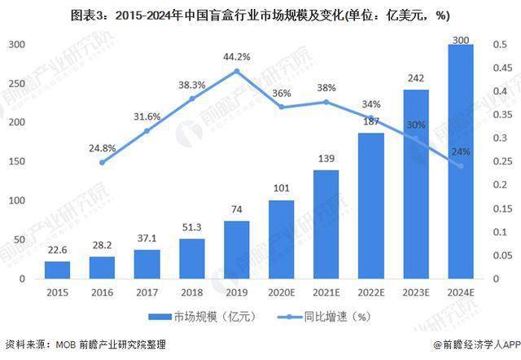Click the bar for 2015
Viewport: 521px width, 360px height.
click(x=57, y=270)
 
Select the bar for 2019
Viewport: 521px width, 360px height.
click(x=237, y=250)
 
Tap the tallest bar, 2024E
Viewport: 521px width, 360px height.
click(x=461, y=161)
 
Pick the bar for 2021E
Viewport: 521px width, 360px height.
click(x=326, y=224)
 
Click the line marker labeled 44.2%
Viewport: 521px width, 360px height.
click(x=237, y=71)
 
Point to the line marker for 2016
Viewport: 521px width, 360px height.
click(x=102, y=163)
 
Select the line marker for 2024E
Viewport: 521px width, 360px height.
click(x=461, y=166)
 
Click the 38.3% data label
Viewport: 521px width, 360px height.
click(x=192, y=85)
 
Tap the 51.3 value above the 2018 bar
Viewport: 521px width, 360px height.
click(x=192, y=227)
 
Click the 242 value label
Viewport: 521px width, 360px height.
click(x=416, y=78)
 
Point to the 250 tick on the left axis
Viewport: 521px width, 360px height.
click(x=17, y=83)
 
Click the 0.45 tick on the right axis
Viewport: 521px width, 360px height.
click(x=502, y=68)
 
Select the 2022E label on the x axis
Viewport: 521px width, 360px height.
click(x=371, y=292)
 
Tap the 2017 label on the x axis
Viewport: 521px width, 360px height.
click(x=147, y=292)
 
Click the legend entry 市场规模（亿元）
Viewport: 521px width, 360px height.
click(x=203, y=317)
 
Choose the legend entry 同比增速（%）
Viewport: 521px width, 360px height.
click(x=324, y=317)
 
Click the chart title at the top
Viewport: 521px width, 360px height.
click(x=260, y=15)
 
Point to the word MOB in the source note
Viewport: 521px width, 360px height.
click(x=66, y=345)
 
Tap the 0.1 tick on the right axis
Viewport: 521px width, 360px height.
click(x=500, y=232)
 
